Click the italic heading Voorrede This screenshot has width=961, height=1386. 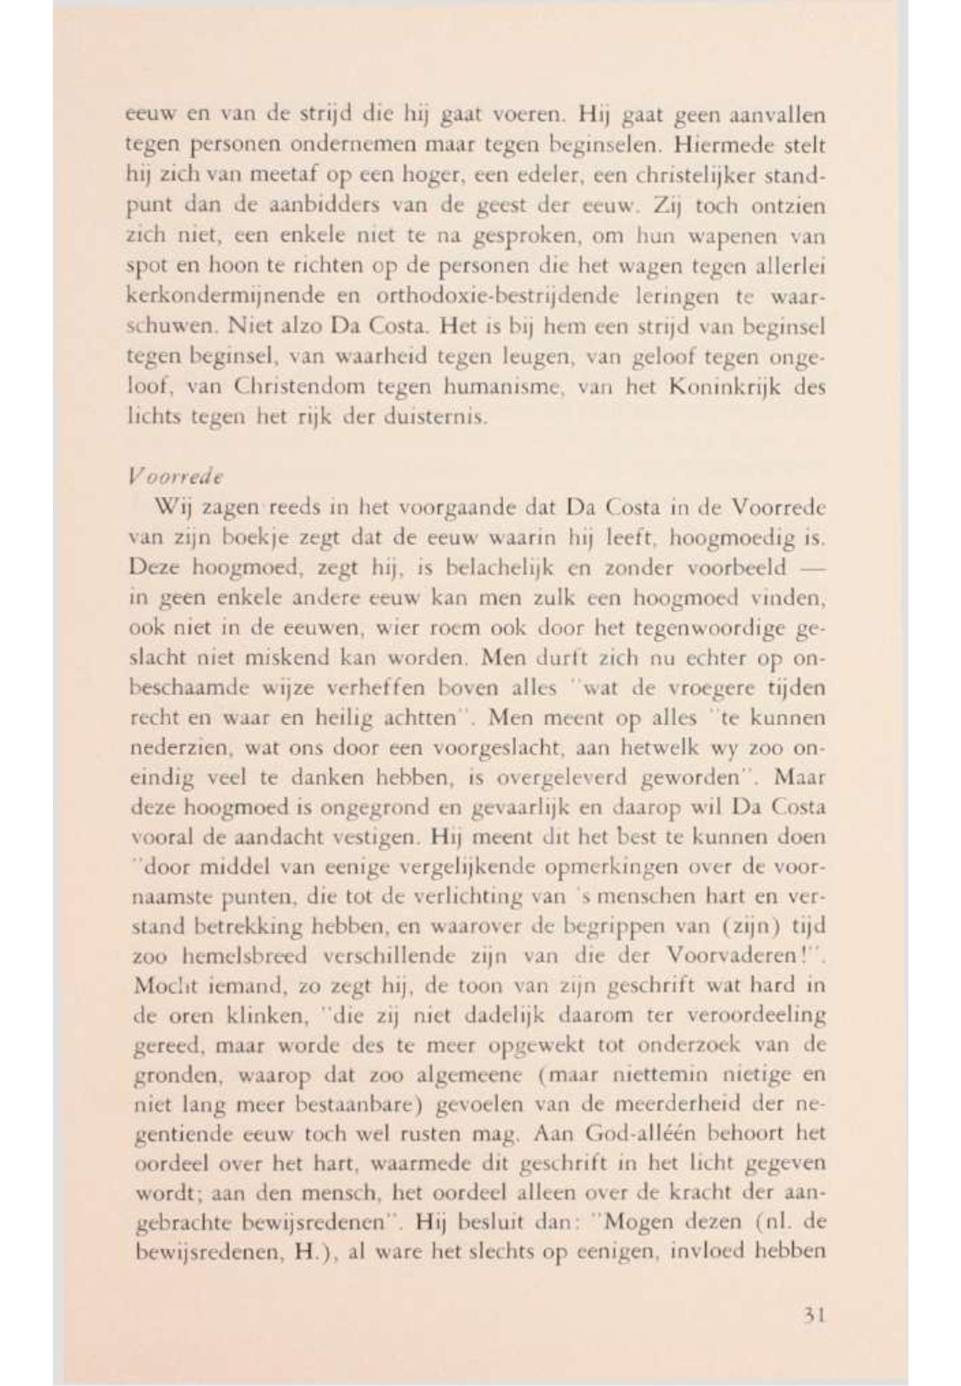[176, 477]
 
